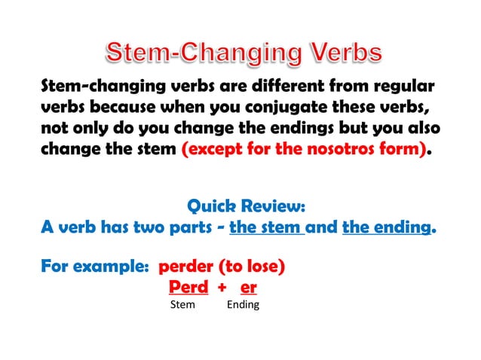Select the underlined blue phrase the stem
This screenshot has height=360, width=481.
click(265, 227)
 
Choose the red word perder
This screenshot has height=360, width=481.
click(185, 267)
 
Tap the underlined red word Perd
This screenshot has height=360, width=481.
click(188, 287)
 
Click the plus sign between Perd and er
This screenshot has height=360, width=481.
click(222, 288)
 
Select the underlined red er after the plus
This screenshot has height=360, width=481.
click(248, 288)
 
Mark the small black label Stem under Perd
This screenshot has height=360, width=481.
click(182, 305)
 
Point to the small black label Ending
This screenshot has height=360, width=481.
click(243, 305)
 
